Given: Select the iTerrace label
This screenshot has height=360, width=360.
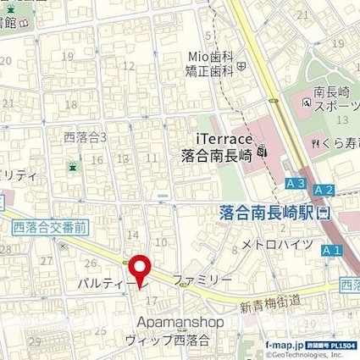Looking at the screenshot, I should (219, 138).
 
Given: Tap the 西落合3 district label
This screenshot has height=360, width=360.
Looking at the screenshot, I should (84, 136).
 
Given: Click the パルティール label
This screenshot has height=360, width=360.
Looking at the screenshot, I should (105, 280).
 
